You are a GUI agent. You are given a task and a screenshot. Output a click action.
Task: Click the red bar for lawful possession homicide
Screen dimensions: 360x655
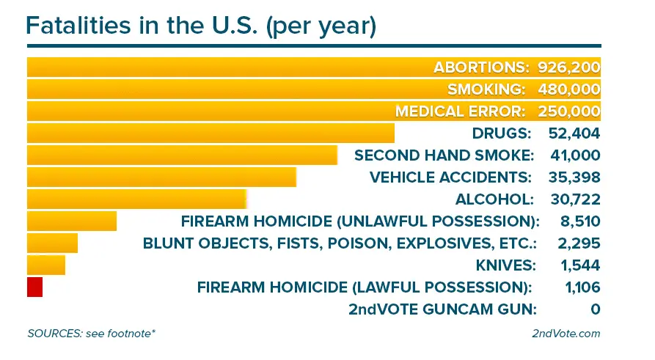[34, 287]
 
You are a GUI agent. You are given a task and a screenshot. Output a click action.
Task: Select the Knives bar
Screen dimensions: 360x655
[46, 265]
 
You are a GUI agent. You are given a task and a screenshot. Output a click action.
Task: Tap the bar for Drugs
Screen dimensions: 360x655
[211, 133]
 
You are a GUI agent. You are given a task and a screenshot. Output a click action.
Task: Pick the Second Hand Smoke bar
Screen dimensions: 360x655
[182, 155]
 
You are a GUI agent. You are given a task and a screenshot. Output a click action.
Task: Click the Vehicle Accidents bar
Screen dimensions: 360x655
[161, 177]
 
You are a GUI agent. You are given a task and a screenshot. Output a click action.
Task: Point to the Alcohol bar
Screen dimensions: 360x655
[136, 199]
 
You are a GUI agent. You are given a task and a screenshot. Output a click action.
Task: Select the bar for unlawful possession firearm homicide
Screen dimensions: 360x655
[72, 221]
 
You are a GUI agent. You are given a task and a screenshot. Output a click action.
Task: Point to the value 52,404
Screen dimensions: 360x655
[574, 133]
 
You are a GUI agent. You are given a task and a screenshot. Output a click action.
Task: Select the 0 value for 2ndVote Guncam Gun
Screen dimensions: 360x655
[595, 309]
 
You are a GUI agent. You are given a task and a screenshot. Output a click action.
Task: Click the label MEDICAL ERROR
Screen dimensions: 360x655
[461, 111]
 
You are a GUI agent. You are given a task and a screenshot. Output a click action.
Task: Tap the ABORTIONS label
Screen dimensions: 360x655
[481, 67]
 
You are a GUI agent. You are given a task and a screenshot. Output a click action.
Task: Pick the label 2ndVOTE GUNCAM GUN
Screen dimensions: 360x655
[444, 309]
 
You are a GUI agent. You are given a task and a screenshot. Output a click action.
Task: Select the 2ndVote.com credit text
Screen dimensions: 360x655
[566, 334]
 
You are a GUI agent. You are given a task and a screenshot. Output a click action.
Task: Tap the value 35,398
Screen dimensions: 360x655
[574, 177]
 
